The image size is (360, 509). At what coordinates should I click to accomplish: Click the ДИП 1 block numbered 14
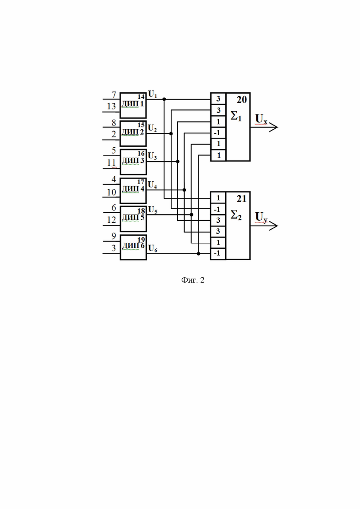[133, 105]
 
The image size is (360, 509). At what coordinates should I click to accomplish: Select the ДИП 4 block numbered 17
[133, 191]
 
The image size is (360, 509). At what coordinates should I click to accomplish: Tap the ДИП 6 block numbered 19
[133, 247]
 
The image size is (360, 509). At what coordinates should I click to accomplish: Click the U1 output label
[153, 95]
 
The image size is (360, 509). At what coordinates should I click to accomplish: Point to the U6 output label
[153, 249]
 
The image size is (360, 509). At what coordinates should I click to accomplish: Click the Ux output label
[261, 119]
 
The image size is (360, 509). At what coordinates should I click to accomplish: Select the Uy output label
[261, 217]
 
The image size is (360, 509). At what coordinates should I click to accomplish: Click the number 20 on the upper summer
[241, 100]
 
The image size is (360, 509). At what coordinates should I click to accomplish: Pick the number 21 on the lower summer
[241, 199]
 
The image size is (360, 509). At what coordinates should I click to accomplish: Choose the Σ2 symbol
[236, 215]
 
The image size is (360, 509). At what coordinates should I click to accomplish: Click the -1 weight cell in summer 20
[218, 133]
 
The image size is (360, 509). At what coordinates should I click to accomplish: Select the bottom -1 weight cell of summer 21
[218, 253]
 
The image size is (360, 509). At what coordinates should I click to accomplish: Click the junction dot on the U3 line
[178, 162]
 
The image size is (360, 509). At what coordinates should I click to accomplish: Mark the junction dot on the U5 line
[192, 215]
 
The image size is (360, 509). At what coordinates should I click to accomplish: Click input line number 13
[111, 112]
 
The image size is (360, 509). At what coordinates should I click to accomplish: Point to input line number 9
[111, 241]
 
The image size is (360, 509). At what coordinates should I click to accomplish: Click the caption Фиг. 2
[193, 280]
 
